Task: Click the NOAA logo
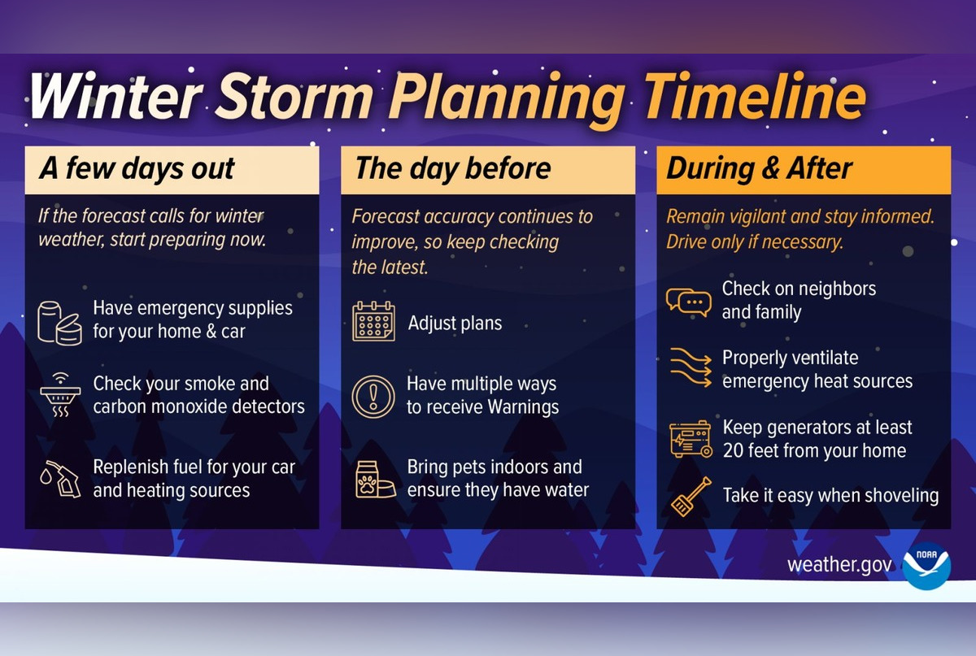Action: pos(926,565)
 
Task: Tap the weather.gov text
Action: pos(839,565)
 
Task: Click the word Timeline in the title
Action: pos(755,97)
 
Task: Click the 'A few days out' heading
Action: pos(137,169)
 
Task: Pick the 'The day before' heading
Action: pos(452,169)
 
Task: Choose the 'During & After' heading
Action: pos(759,169)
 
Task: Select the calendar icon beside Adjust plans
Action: pos(373,321)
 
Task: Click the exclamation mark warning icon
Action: pos(373,396)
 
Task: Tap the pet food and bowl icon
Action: pos(373,479)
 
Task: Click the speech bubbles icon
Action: pos(688,302)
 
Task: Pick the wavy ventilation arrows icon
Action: pos(688,368)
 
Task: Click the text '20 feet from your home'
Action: pos(814,451)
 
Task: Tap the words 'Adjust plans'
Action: pos(455,323)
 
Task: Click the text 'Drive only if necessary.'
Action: pos(755,242)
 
